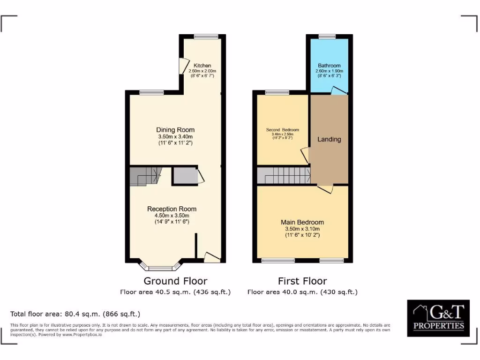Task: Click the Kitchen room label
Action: point(202,65)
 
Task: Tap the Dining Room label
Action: point(175,130)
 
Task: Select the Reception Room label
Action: point(172,209)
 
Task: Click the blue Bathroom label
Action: point(329,66)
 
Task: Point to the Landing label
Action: point(329,139)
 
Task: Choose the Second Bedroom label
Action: point(282,130)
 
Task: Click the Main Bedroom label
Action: point(302,222)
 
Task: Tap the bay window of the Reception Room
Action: point(160,268)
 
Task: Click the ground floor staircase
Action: point(145,176)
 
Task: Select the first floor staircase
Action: point(283,176)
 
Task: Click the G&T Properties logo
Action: point(438,318)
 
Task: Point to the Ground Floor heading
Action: point(175,281)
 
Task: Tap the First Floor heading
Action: point(302,281)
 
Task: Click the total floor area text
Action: point(75,314)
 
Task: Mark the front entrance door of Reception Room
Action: point(211,256)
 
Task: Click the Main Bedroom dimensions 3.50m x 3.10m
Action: point(302,229)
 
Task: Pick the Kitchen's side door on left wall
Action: point(181,66)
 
